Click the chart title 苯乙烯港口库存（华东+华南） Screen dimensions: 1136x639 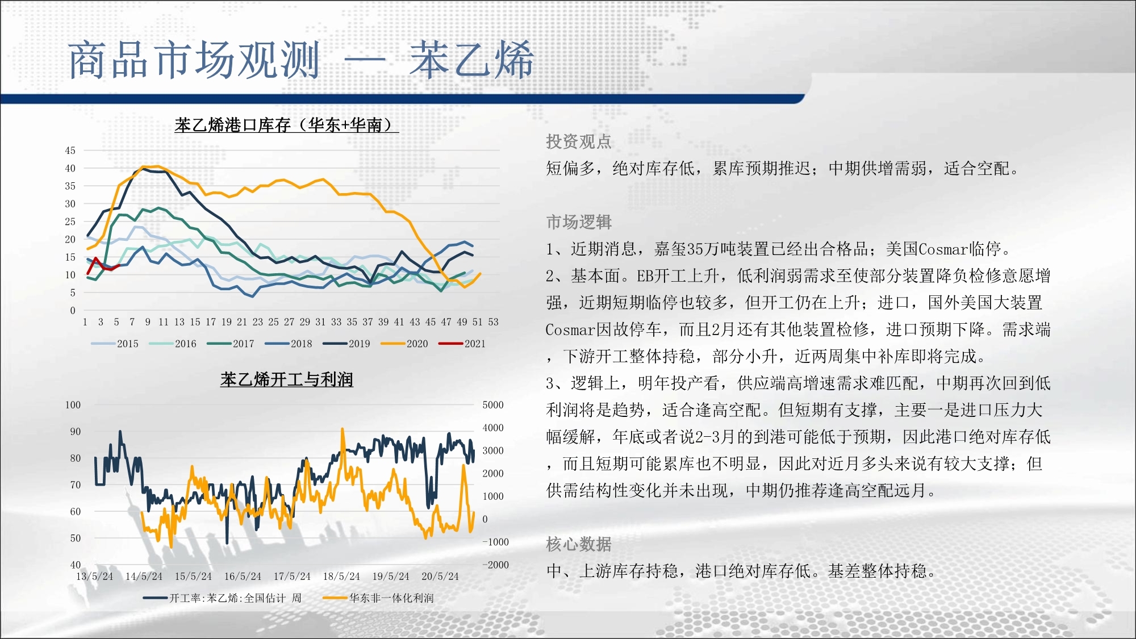coord(287,125)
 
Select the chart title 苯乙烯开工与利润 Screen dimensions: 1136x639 coord(287,379)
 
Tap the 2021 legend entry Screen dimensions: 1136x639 coord(462,344)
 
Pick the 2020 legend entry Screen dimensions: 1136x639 coord(404,344)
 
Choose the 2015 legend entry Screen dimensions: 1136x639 coord(115,344)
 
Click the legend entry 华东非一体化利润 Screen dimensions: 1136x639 coord(378,598)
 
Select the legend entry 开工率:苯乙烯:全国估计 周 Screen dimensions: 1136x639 coord(222,598)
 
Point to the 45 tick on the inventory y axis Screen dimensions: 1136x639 coord(70,151)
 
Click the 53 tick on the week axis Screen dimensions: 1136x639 coord(493,322)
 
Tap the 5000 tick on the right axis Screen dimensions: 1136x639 coord(493,405)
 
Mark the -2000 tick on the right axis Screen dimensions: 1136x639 coord(495,565)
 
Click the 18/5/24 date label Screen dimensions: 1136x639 coord(341,577)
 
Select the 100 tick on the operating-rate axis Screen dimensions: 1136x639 coord(73,405)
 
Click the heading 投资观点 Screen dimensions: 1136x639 coord(579,141)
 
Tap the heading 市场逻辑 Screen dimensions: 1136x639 coord(579,222)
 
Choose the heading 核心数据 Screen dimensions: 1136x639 coord(579,544)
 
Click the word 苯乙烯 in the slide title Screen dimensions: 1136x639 coord(472,60)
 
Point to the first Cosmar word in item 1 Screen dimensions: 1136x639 coord(943,249)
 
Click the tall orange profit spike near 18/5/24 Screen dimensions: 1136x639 coord(343,449)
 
